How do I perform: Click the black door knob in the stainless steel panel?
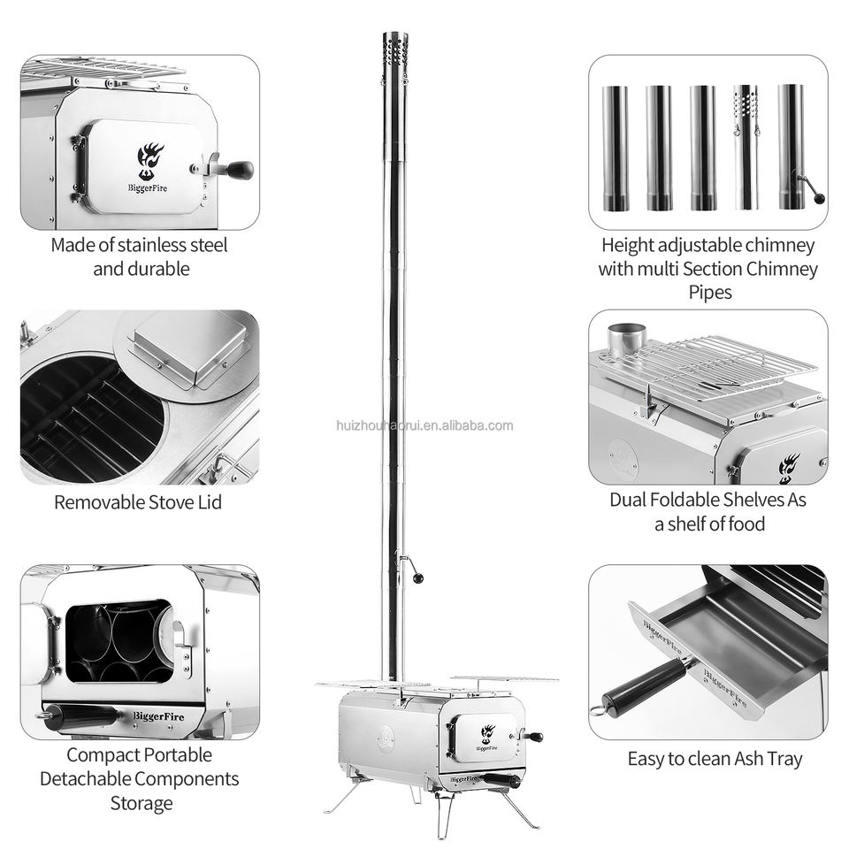[x=239, y=170]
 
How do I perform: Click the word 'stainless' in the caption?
[x=154, y=245]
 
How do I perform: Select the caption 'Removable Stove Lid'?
[x=138, y=502]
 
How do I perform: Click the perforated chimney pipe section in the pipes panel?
[x=746, y=147]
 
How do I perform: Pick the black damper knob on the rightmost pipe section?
[x=821, y=199]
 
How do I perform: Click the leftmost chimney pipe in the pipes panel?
[x=616, y=148]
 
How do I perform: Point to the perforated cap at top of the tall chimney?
[x=395, y=54]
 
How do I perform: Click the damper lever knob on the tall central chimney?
[x=417, y=578]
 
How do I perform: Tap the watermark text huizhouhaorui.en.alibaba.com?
[x=424, y=425]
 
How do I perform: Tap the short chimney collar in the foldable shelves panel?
[x=626, y=340]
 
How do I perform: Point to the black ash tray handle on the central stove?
[x=501, y=780]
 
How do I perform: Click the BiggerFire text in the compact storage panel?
[x=158, y=715]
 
